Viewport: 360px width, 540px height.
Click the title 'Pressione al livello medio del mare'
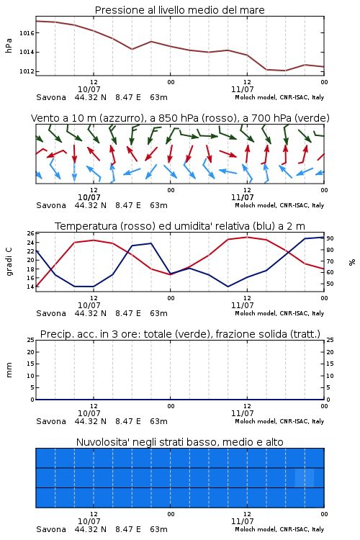[x=179, y=10]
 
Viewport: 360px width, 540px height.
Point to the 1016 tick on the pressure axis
[x=27, y=33]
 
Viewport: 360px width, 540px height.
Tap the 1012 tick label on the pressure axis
[x=27, y=71]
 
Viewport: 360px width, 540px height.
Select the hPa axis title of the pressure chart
[x=9, y=45]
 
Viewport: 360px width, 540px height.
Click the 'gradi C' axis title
[x=9, y=261]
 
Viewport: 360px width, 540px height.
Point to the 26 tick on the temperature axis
[x=30, y=233]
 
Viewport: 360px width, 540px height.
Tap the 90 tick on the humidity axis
[x=330, y=238]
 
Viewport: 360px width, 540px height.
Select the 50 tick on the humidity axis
[x=330, y=284]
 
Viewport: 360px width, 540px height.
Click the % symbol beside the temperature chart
[x=352, y=262]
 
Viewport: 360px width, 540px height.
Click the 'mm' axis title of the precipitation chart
[x=9, y=369]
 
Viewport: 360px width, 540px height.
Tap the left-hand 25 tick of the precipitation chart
[x=30, y=340]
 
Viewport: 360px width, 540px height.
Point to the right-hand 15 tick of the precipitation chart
[x=330, y=364]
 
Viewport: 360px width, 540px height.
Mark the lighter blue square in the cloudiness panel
[x=304, y=477]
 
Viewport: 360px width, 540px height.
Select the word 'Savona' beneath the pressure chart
[x=51, y=97]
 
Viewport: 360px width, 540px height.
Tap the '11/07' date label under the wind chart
[x=242, y=197]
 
